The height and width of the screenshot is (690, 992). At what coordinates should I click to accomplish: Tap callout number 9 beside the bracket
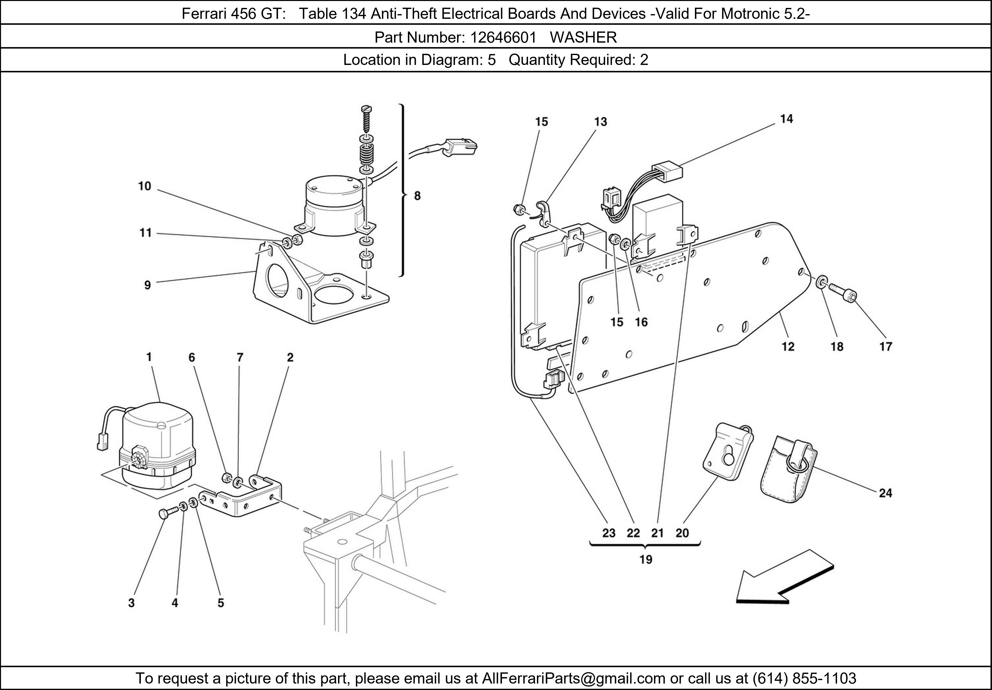[147, 285]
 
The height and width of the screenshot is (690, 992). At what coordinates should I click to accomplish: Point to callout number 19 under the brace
[646, 560]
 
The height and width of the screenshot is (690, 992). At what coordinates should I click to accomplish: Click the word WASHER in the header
[583, 38]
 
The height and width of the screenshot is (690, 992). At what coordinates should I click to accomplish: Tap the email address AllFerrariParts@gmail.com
[573, 678]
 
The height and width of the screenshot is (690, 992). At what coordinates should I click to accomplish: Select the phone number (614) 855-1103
[804, 678]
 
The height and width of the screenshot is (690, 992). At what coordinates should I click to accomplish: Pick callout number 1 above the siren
[149, 357]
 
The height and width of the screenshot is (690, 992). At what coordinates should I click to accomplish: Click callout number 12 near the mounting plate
[788, 346]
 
